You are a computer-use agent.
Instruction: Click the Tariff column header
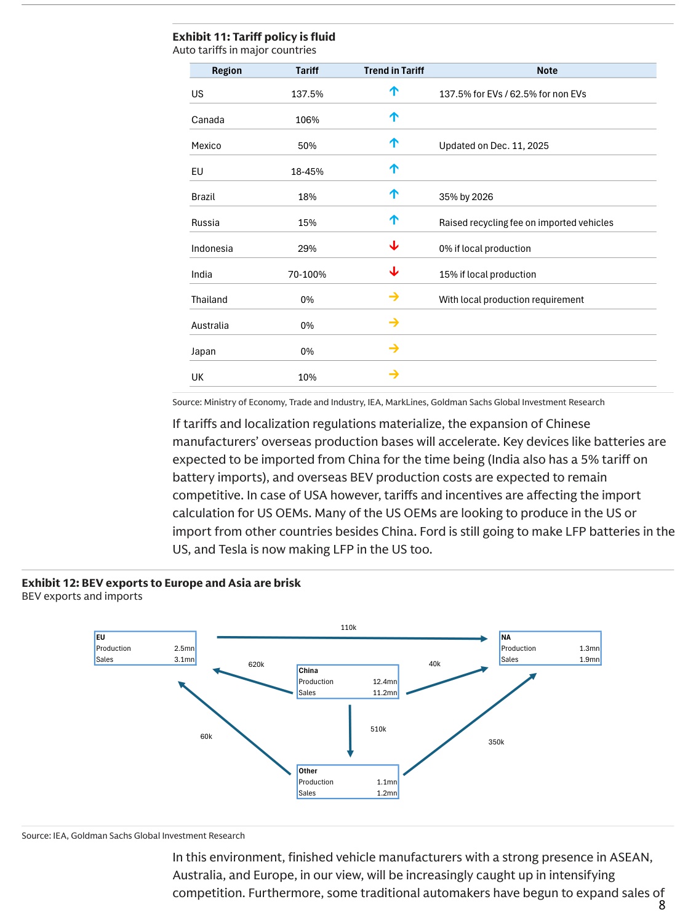[306, 71]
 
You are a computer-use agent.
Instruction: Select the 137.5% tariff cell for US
[307, 94]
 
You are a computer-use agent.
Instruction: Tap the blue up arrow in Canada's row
[394, 117]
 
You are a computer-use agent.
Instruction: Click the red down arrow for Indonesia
[394, 246]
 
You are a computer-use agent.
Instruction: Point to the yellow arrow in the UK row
[394, 374]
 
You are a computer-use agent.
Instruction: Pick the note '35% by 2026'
[466, 197]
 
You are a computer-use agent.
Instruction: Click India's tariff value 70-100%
[307, 275]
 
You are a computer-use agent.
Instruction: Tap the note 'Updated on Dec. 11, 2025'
[494, 146]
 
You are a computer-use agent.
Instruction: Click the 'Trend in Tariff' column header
[394, 71]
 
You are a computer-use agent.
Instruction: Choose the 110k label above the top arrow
[348, 627]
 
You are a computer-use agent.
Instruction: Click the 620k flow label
[256, 664]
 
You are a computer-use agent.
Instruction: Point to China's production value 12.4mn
[385, 682]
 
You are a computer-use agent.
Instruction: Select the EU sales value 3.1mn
[184, 659]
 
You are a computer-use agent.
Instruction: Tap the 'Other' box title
[308, 771]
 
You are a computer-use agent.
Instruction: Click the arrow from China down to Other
[350, 730]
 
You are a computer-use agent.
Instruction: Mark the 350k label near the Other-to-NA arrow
[496, 742]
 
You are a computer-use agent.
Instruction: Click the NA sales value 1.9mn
[589, 659]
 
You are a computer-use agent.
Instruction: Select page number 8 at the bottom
[662, 905]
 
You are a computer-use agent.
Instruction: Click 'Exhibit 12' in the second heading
[49, 583]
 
